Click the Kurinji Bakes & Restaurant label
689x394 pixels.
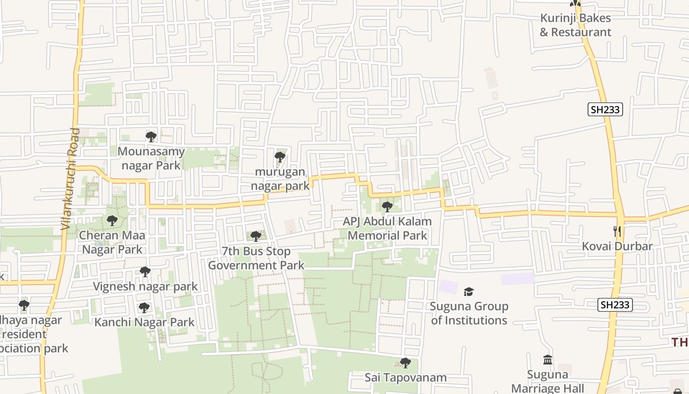pos(575,25)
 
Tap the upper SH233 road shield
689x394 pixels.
pos(605,109)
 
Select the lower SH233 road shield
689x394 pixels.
pos(615,305)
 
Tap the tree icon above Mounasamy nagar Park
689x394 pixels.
pos(151,136)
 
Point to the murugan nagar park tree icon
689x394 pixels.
pos(280,157)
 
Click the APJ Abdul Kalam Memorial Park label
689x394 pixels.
pos(387,229)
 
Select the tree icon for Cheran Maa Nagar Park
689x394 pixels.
pos(112,220)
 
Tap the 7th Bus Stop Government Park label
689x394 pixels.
pos(256,258)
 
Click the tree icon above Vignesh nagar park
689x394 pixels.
pos(145,271)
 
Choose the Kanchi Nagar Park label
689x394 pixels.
pos(144,323)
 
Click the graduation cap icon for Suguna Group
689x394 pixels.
pos(469,292)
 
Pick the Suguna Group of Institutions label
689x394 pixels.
pos(469,313)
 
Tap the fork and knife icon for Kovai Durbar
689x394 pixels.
pos(617,231)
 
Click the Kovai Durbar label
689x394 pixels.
pos(617,246)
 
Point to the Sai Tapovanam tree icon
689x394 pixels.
pos(405,363)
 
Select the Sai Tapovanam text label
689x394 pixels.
pos(406,378)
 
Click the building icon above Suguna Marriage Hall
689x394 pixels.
pos(547,360)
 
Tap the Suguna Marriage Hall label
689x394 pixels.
pos(547,381)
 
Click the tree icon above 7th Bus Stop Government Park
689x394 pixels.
pos(255,236)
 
